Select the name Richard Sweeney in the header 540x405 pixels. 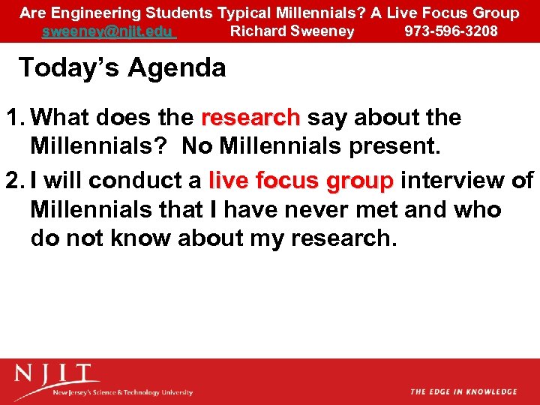tap(292, 31)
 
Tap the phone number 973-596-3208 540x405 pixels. tap(451, 31)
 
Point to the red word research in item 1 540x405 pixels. tap(250, 118)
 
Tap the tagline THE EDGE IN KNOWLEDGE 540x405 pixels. tap(463, 391)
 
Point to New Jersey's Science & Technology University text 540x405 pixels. tap(122, 392)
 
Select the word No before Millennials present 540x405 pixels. tap(197, 146)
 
